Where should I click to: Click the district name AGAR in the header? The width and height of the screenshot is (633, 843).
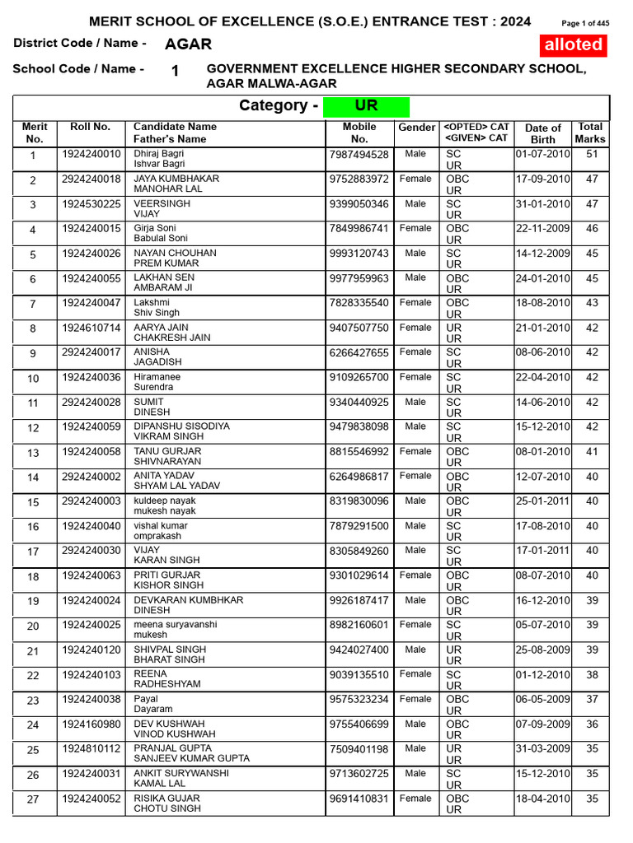(x=188, y=44)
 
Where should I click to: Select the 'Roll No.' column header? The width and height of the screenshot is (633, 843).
(x=90, y=127)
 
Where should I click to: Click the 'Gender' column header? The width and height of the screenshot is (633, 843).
(x=416, y=128)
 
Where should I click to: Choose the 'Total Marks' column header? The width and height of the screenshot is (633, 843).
(x=590, y=133)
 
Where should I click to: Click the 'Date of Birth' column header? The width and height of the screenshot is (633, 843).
(x=543, y=133)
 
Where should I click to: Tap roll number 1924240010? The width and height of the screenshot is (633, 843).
(x=91, y=154)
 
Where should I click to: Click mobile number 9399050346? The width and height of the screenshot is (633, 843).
(x=359, y=203)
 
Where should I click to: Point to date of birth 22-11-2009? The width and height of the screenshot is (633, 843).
(x=542, y=228)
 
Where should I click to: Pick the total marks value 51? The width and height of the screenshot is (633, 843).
(x=591, y=154)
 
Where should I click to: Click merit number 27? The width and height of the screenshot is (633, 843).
(x=33, y=799)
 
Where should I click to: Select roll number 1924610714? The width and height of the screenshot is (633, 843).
(x=91, y=328)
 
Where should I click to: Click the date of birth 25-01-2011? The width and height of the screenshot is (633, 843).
(x=542, y=501)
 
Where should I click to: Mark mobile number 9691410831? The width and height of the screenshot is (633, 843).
(x=359, y=799)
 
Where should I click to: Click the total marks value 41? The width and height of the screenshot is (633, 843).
(x=591, y=451)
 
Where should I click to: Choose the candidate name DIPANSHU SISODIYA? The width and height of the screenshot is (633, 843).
(x=181, y=426)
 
